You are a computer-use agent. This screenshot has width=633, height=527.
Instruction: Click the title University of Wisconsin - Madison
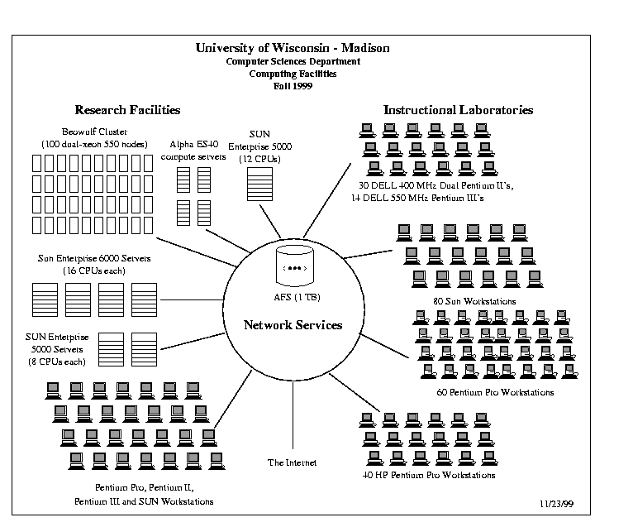pyautogui.click(x=293, y=48)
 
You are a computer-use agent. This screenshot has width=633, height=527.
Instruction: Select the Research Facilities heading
pyautogui.click(x=127, y=110)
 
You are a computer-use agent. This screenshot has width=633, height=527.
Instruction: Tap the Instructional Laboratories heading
pyautogui.click(x=458, y=110)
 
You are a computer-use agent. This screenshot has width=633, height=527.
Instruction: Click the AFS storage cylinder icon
pyautogui.click(x=295, y=266)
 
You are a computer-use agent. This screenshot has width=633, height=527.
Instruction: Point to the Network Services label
pyautogui.click(x=293, y=325)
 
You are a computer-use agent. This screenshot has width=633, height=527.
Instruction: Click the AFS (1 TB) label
pyautogui.click(x=297, y=297)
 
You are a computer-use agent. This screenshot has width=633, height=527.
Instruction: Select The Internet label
pyautogui.click(x=292, y=462)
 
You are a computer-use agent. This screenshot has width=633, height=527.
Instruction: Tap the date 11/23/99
pyautogui.click(x=556, y=504)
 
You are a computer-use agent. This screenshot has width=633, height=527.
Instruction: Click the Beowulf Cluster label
pyautogui.click(x=94, y=132)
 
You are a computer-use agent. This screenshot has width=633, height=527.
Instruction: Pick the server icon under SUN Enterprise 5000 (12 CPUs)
pyautogui.click(x=259, y=184)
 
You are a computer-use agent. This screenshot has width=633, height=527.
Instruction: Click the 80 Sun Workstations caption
pyautogui.click(x=474, y=301)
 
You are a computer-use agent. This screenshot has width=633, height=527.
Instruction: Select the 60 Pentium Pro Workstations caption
pyautogui.click(x=495, y=392)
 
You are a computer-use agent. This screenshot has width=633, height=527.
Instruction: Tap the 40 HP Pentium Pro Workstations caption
pyautogui.click(x=429, y=475)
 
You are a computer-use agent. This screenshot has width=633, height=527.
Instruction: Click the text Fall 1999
pyautogui.click(x=293, y=86)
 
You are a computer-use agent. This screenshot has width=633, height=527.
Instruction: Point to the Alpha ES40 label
pyautogui.click(x=193, y=144)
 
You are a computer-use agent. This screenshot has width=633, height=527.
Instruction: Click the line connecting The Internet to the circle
pyautogui.click(x=293, y=415)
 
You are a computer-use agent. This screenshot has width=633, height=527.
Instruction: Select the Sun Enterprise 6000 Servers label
pyautogui.click(x=94, y=258)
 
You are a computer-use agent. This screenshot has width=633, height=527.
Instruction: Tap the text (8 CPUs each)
pyautogui.click(x=57, y=362)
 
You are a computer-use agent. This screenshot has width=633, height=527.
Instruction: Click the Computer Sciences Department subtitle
pyautogui.click(x=293, y=61)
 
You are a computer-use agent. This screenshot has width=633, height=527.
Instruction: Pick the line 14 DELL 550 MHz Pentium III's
pyautogui.click(x=417, y=198)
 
